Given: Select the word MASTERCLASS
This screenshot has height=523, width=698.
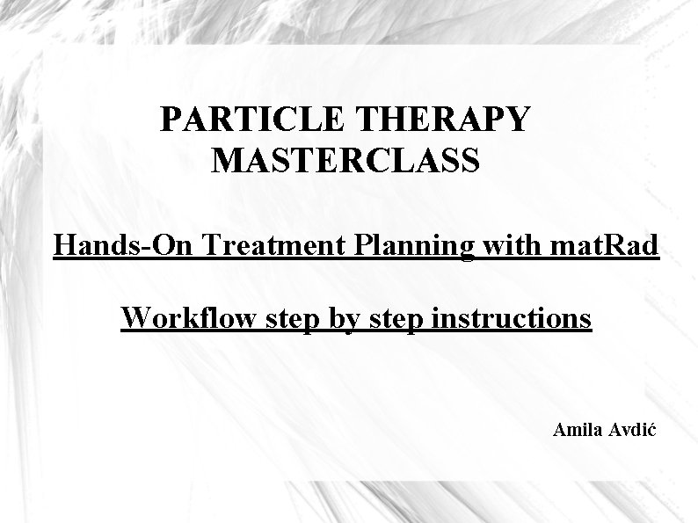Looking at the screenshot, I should (x=345, y=161).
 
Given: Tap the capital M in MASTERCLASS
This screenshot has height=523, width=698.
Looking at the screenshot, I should (x=227, y=161).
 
